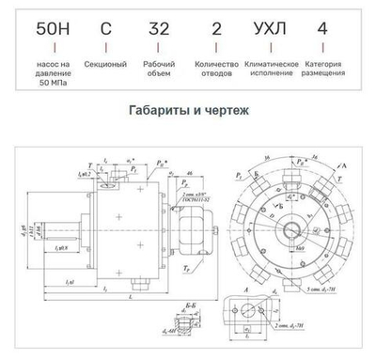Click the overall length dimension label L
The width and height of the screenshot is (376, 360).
(133, 300)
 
